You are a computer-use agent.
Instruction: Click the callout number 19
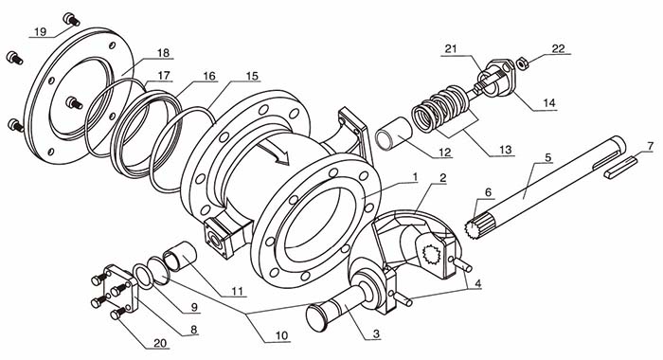40,32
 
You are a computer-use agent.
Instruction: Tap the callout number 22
558,48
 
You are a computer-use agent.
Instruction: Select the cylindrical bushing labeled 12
394,134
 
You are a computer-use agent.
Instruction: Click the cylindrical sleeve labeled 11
179,256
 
